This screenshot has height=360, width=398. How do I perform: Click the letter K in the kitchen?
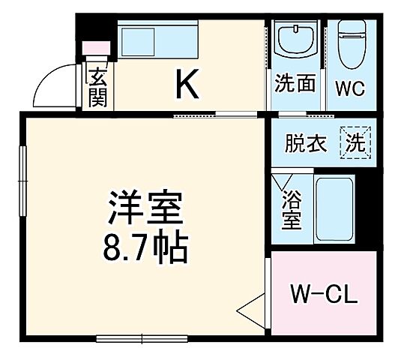[187, 85]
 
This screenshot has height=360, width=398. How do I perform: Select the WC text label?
[349, 87]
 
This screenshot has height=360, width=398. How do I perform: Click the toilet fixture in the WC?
[349, 42]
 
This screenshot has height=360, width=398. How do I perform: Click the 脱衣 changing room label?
[305, 143]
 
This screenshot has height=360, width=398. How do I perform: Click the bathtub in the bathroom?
[335, 211]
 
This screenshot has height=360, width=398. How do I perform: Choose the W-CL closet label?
[325, 292]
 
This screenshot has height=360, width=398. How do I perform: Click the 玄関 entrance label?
[97, 87]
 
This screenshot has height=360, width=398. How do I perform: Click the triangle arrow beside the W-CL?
[253, 308]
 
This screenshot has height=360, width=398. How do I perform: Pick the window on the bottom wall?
[131, 339]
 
